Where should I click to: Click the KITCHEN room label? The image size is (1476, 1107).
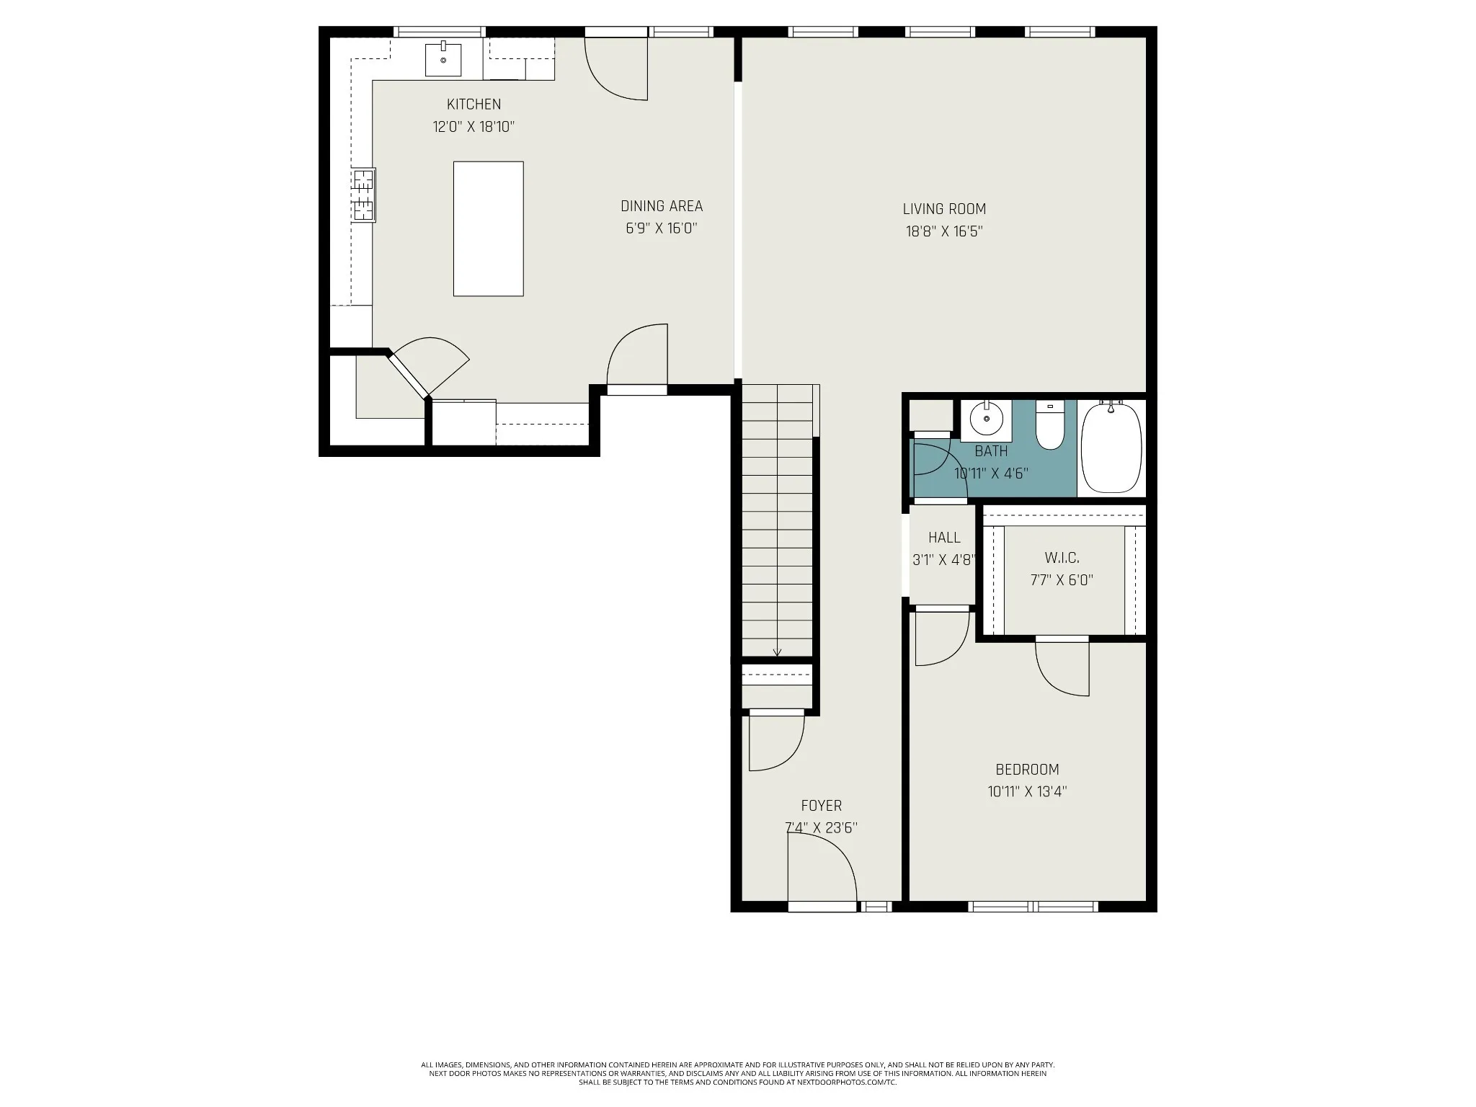point(474,105)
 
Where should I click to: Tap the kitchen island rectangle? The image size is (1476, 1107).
point(488,228)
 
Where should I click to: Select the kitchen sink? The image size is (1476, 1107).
point(443,58)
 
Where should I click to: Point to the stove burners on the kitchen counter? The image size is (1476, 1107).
point(364,195)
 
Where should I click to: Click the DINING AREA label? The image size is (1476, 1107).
point(662,206)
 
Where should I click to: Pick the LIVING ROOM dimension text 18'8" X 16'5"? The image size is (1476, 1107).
point(944,231)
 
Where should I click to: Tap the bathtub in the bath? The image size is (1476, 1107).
point(1111,448)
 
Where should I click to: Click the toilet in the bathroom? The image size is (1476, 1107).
point(1050,425)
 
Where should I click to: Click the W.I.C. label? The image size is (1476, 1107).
point(1062,558)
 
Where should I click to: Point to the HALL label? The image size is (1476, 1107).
point(944,538)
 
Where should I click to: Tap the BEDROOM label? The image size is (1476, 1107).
point(1027,769)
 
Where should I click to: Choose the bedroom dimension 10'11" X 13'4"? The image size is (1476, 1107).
point(1027,791)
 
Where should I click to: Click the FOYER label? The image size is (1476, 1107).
point(821,805)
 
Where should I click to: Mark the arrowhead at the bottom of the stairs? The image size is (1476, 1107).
point(777,653)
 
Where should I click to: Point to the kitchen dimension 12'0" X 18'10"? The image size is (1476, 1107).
point(474,127)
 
